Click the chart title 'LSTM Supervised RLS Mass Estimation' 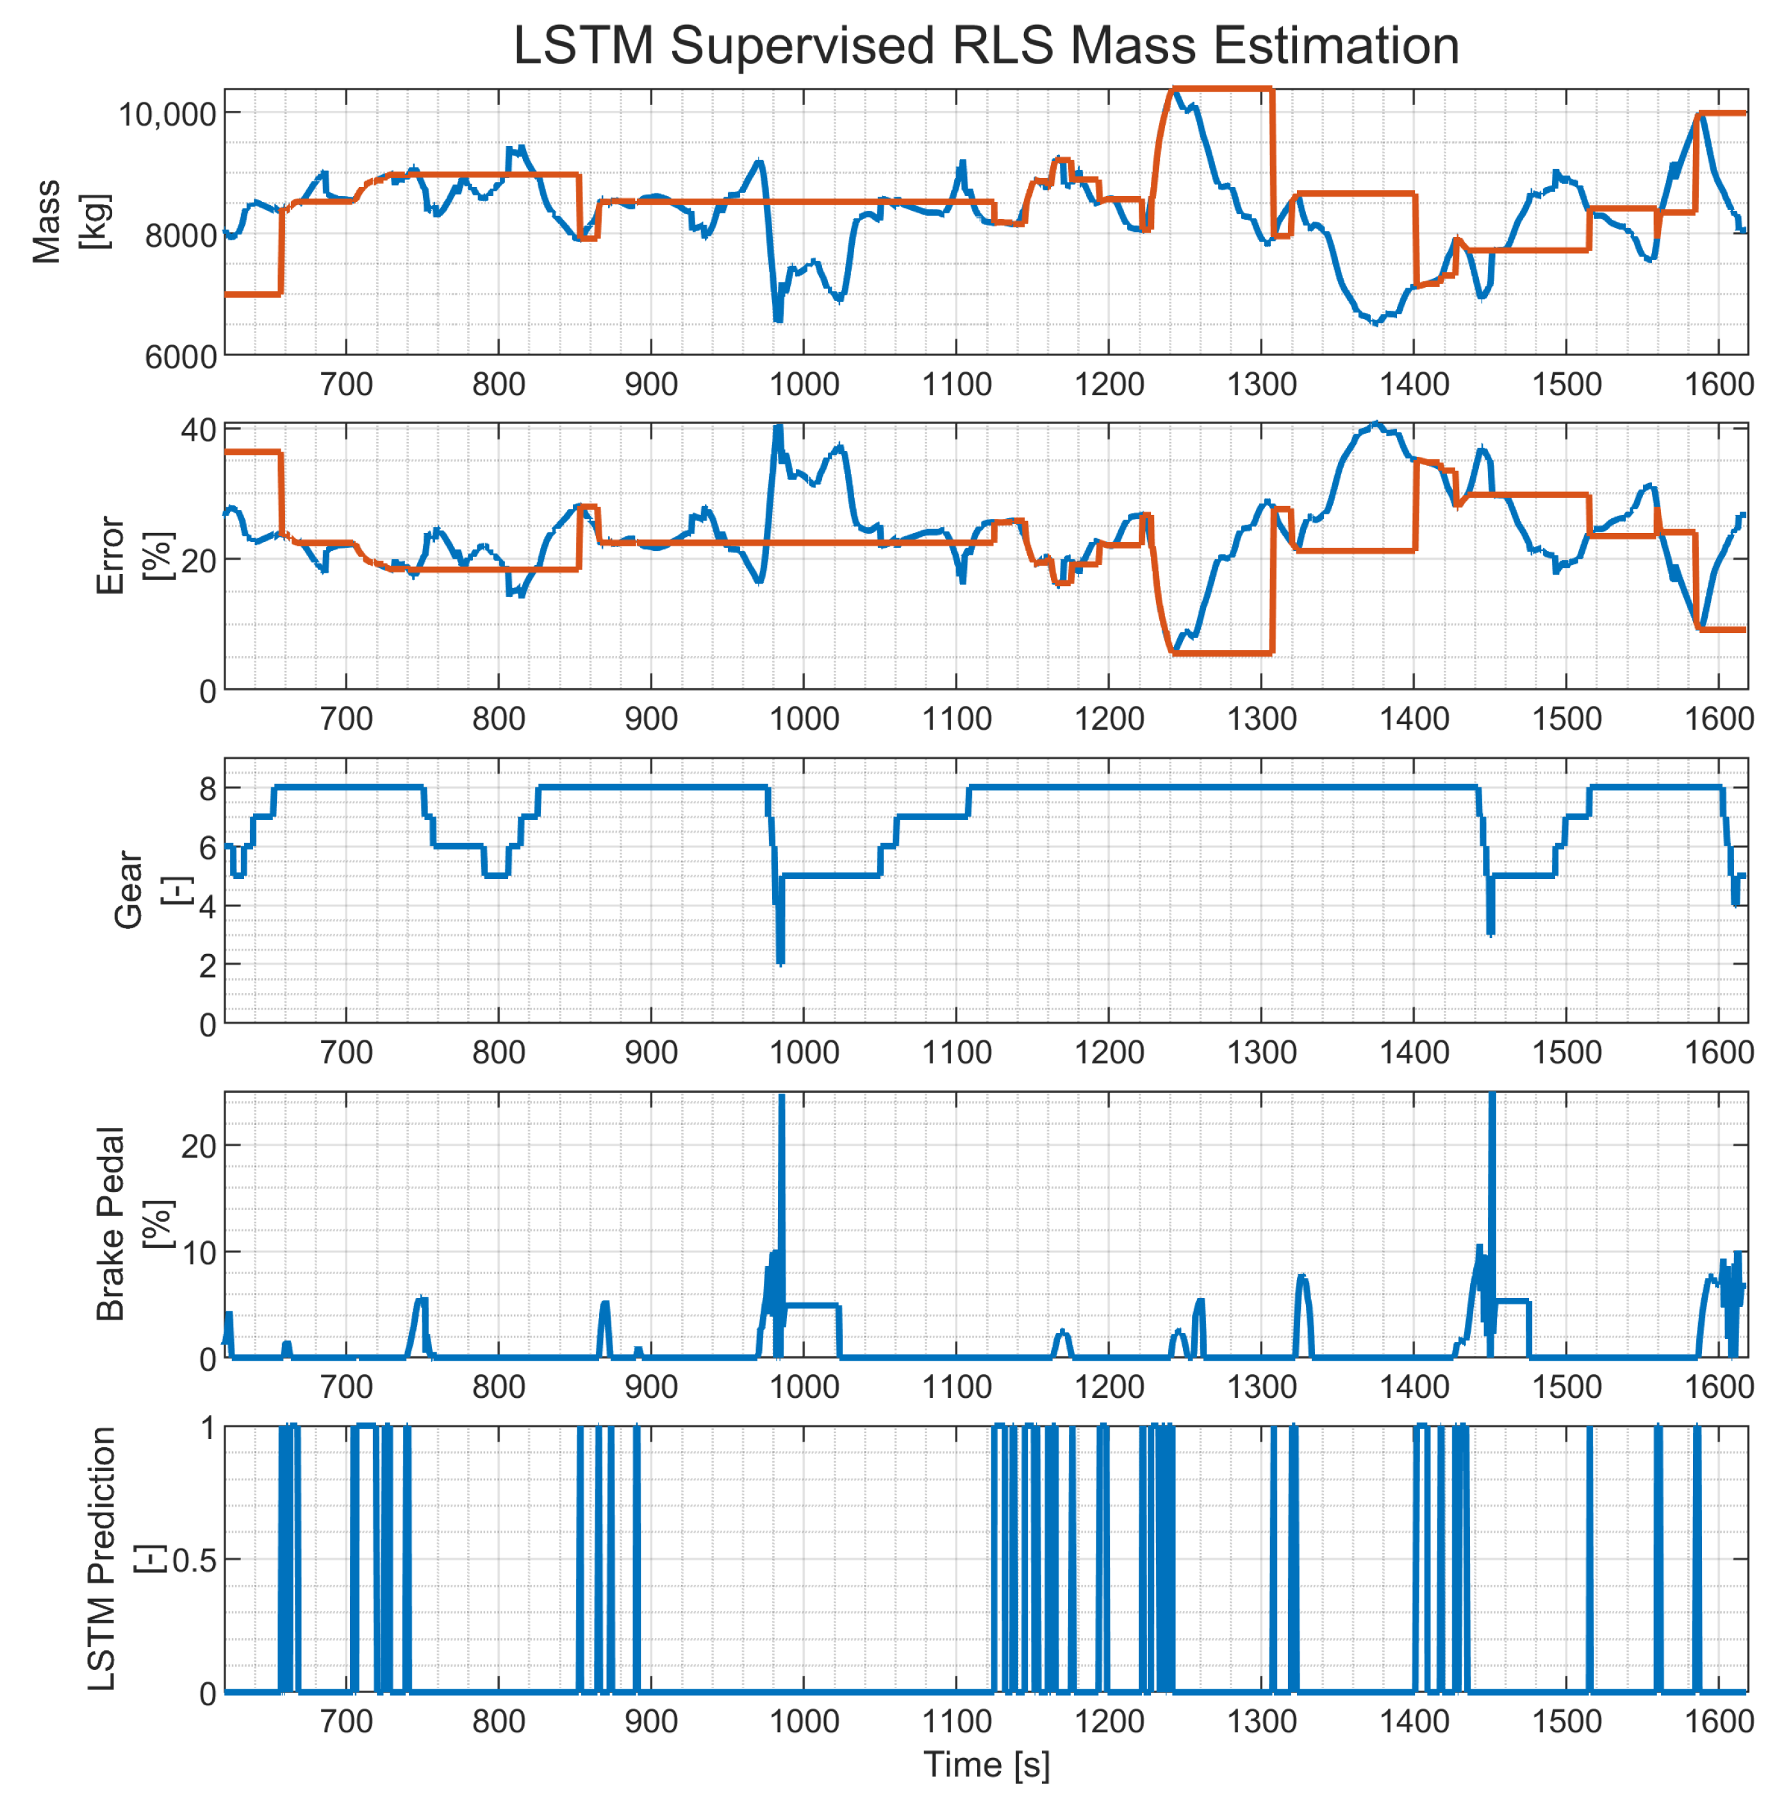point(986,45)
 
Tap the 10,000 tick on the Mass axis point(167,114)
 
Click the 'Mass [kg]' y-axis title point(70,222)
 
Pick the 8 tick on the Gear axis point(207,789)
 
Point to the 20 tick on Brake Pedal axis point(198,1145)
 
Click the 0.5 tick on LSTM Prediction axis point(192,1561)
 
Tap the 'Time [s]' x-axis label point(986,1765)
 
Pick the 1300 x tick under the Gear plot point(1261,1052)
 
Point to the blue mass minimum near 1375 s point(1375,322)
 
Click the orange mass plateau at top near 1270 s point(1218,90)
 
